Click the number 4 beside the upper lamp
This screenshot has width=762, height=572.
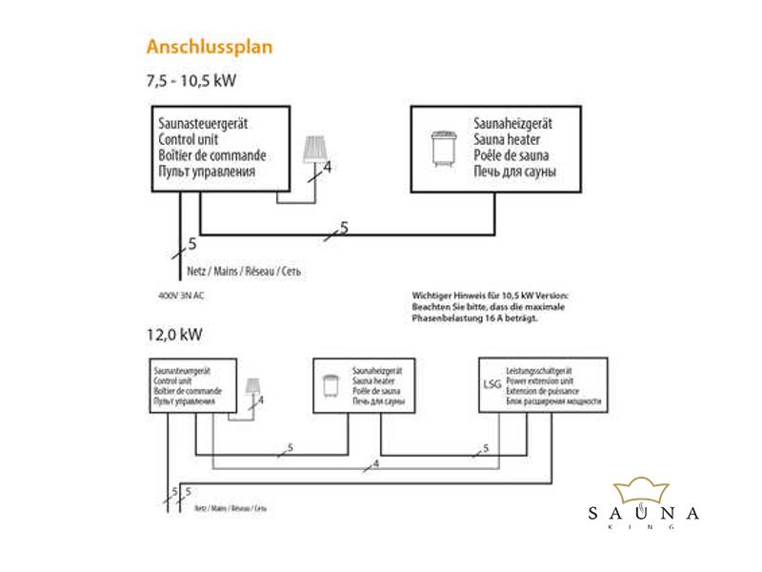click(x=327, y=168)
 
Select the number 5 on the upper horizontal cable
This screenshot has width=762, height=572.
click(x=344, y=226)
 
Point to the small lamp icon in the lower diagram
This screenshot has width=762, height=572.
click(x=254, y=387)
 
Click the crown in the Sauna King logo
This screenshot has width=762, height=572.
click(x=645, y=492)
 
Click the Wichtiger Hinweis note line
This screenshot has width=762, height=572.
click(x=488, y=296)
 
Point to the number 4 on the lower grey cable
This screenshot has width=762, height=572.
click(x=376, y=463)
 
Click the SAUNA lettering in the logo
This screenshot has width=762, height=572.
click(x=643, y=514)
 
